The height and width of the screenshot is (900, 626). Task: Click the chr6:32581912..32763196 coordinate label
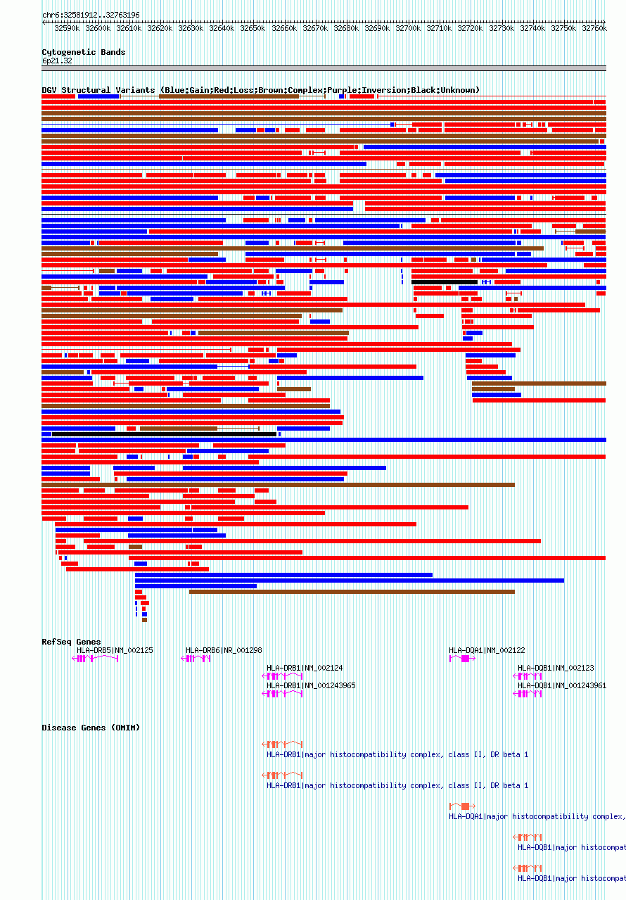point(91,15)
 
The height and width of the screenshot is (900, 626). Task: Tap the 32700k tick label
point(408,28)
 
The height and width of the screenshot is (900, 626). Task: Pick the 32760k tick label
point(594,28)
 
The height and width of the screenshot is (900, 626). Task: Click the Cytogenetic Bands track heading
point(83,52)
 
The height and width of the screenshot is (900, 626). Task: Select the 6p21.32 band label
point(57,61)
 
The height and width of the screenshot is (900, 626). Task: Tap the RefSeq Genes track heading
point(71,642)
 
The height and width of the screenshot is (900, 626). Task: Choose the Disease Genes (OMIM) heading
point(91,728)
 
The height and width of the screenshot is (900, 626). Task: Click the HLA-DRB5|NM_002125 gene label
point(115,650)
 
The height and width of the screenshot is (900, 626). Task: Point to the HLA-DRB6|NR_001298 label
point(224,650)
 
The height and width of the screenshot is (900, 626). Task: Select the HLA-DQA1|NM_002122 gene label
point(487,650)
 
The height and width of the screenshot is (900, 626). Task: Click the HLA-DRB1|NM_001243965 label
point(311,685)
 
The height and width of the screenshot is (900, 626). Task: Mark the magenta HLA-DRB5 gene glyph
point(95,659)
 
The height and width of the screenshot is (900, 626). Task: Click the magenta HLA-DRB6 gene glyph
point(196,659)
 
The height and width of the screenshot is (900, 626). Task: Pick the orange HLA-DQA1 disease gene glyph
point(463,806)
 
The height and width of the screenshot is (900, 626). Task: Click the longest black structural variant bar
point(164,434)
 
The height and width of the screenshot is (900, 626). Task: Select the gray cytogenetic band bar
point(324,68)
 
